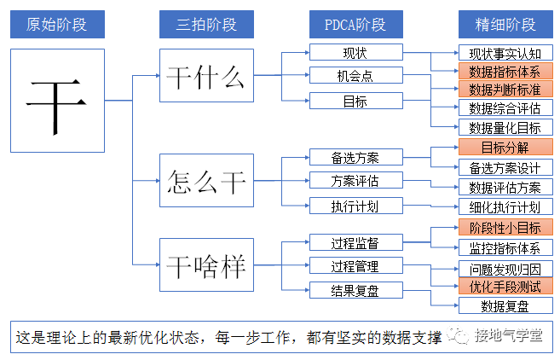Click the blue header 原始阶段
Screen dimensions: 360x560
pyautogui.click(x=57, y=23)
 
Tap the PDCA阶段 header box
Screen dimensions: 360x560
pyautogui.click(x=355, y=23)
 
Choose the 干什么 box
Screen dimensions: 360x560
pyautogui.click(x=206, y=77)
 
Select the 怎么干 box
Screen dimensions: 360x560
pyautogui.click(x=206, y=181)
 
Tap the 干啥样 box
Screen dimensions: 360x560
pyautogui.click(x=206, y=265)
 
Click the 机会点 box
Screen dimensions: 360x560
pyautogui.click(x=355, y=77)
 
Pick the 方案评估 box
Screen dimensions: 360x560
pyautogui.click(x=355, y=181)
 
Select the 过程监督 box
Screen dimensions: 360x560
pyautogui.click(x=355, y=243)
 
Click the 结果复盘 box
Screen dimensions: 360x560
pyautogui.click(x=355, y=291)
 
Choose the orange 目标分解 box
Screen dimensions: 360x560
pyautogui.click(x=505, y=148)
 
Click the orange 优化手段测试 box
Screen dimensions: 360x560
pyautogui.click(x=505, y=287)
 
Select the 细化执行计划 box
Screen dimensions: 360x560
pyautogui.click(x=505, y=207)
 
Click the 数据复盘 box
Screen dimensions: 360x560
pyautogui.click(x=505, y=306)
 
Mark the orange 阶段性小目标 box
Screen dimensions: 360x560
pyautogui.click(x=505, y=228)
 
